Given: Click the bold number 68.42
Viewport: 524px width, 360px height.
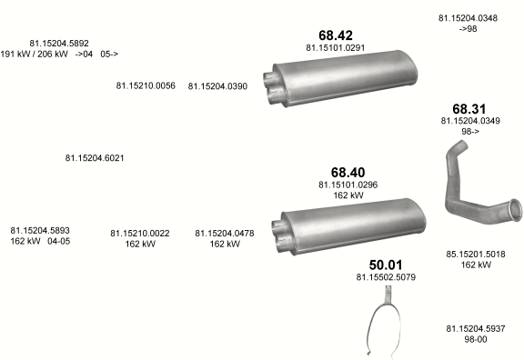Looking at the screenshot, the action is tap(336, 35).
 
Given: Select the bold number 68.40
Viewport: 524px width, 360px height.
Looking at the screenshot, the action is tap(348, 173).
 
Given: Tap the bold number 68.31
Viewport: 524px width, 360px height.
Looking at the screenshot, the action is tap(469, 109).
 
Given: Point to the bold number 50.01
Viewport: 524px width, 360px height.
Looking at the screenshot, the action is tap(386, 265).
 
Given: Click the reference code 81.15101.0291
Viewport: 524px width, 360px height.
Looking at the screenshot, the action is tap(335, 48).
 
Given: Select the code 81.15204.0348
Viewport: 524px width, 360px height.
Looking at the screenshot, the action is tap(468, 18).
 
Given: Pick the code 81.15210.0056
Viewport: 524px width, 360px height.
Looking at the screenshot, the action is tap(146, 85).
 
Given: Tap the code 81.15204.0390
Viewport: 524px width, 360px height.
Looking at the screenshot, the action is tap(217, 86).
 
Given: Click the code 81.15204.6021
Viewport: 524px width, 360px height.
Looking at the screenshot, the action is tap(95, 158).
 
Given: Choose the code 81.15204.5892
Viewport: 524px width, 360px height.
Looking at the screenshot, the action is tap(59, 44).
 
